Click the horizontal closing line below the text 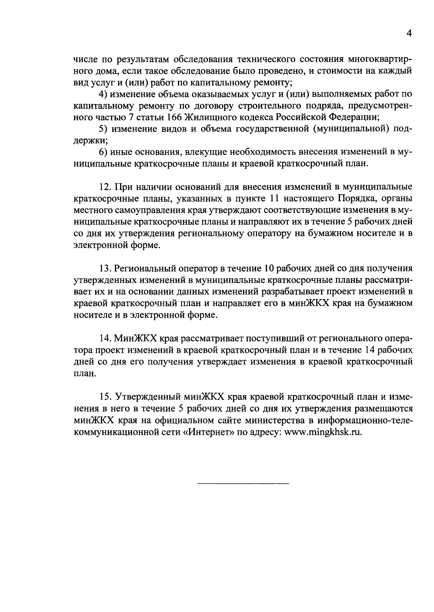point(243,483)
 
